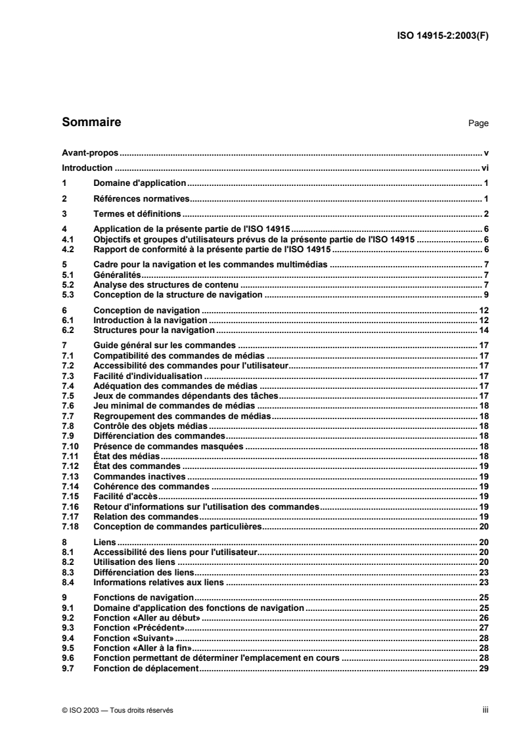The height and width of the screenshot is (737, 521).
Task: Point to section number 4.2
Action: (66, 251)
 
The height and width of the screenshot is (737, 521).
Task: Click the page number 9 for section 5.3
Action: (486, 296)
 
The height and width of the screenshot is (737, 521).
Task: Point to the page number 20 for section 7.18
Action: (484, 527)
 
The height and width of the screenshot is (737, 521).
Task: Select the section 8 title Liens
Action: (104, 543)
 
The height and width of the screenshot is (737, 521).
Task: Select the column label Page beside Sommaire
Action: (479, 123)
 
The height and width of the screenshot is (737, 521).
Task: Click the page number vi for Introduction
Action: (485, 167)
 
